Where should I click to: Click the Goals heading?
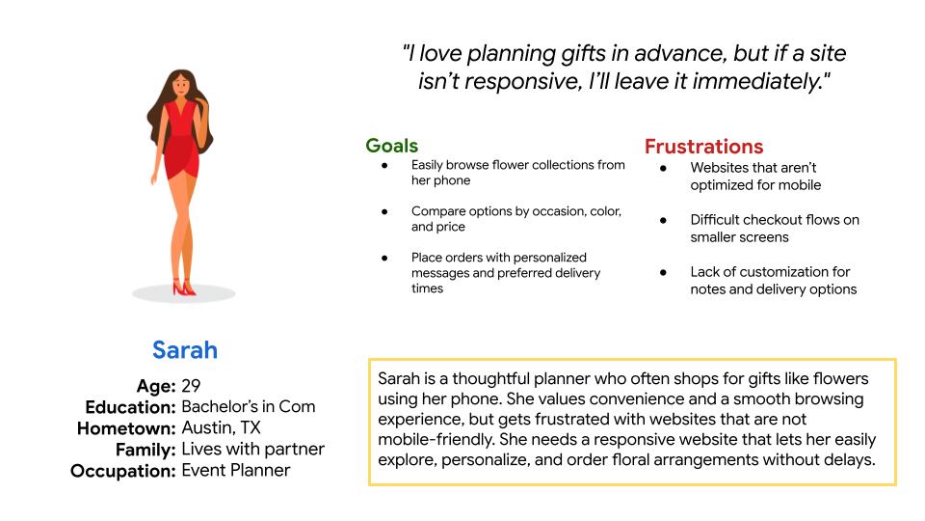pyautogui.click(x=392, y=146)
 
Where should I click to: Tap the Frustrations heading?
pyautogui.click(x=703, y=147)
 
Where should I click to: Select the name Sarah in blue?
pyautogui.click(x=185, y=350)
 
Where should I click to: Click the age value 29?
pyautogui.click(x=191, y=386)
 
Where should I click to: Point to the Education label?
pyautogui.click(x=130, y=407)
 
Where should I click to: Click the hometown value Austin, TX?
pyautogui.click(x=222, y=427)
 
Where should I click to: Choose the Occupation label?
pyautogui.click(x=122, y=471)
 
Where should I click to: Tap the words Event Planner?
pyautogui.click(x=236, y=470)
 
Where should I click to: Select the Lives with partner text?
pyautogui.click(x=253, y=449)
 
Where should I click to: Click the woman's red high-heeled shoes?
pyautogui.click(x=183, y=288)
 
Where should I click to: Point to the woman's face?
pyautogui.click(x=181, y=86)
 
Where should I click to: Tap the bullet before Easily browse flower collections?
pyautogui.click(x=384, y=165)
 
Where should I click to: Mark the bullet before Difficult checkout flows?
pyautogui.click(x=663, y=220)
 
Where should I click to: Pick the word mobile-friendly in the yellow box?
pyautogui.click(x=436, y=440)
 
